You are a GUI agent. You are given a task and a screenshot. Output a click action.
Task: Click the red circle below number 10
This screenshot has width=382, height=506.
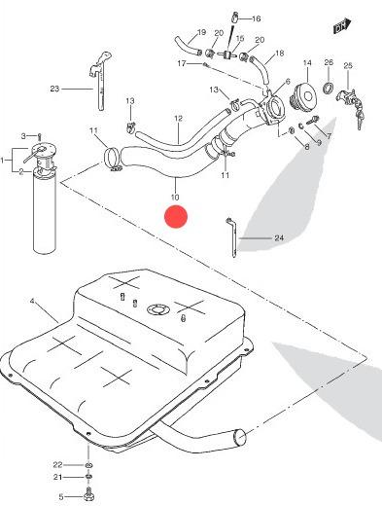tap(176, 217)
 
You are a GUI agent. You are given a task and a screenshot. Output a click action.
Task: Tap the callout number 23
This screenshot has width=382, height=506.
tap(54, 89)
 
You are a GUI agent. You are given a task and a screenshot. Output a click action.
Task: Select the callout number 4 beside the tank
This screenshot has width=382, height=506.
tap(32, 302)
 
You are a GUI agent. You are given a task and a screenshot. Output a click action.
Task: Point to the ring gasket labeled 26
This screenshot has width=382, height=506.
tap(328, 87)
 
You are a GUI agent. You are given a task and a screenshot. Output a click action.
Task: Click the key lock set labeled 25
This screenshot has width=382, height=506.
tap(351, 105)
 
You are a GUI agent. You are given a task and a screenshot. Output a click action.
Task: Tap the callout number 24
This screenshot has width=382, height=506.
tap(279, 238)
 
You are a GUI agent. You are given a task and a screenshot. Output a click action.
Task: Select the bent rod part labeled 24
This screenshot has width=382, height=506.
tap(232, 237)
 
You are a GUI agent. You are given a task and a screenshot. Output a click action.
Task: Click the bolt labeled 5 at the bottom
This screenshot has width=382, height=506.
tap(88, 496)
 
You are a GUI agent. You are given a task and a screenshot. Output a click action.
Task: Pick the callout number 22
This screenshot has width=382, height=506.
tap(57, 465)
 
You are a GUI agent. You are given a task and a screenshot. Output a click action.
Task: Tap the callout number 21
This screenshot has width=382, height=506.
tap(57, 477)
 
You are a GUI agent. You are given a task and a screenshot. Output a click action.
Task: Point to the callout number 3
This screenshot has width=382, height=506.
tap(23, 136)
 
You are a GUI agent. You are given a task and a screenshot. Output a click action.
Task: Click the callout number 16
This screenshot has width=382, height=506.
tap(256, 18)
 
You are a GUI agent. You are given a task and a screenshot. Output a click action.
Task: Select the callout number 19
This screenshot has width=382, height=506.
tap(201, 32)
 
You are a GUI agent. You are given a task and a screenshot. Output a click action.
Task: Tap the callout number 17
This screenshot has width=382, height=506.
tap(182, 63)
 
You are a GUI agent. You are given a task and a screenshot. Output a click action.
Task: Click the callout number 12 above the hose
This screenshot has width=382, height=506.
tap(179, 119)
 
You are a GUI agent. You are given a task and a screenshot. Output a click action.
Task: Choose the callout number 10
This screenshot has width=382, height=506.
tap(175, 197)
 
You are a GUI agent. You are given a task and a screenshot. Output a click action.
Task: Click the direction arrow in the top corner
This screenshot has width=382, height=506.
tap(342, 26)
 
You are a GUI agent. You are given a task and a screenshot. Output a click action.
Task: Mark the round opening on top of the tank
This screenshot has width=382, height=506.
tap(157, 309)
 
